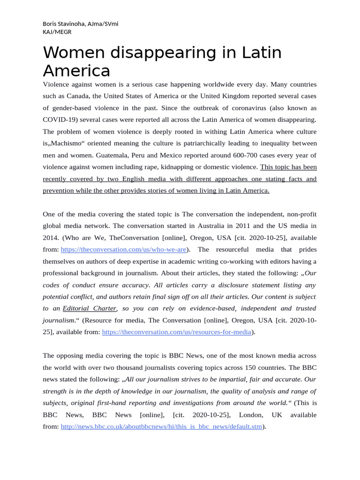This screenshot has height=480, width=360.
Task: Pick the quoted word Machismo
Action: click(66, 143)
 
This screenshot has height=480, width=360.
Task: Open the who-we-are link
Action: click(124, 249)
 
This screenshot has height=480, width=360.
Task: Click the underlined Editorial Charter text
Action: click(90, 308)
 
